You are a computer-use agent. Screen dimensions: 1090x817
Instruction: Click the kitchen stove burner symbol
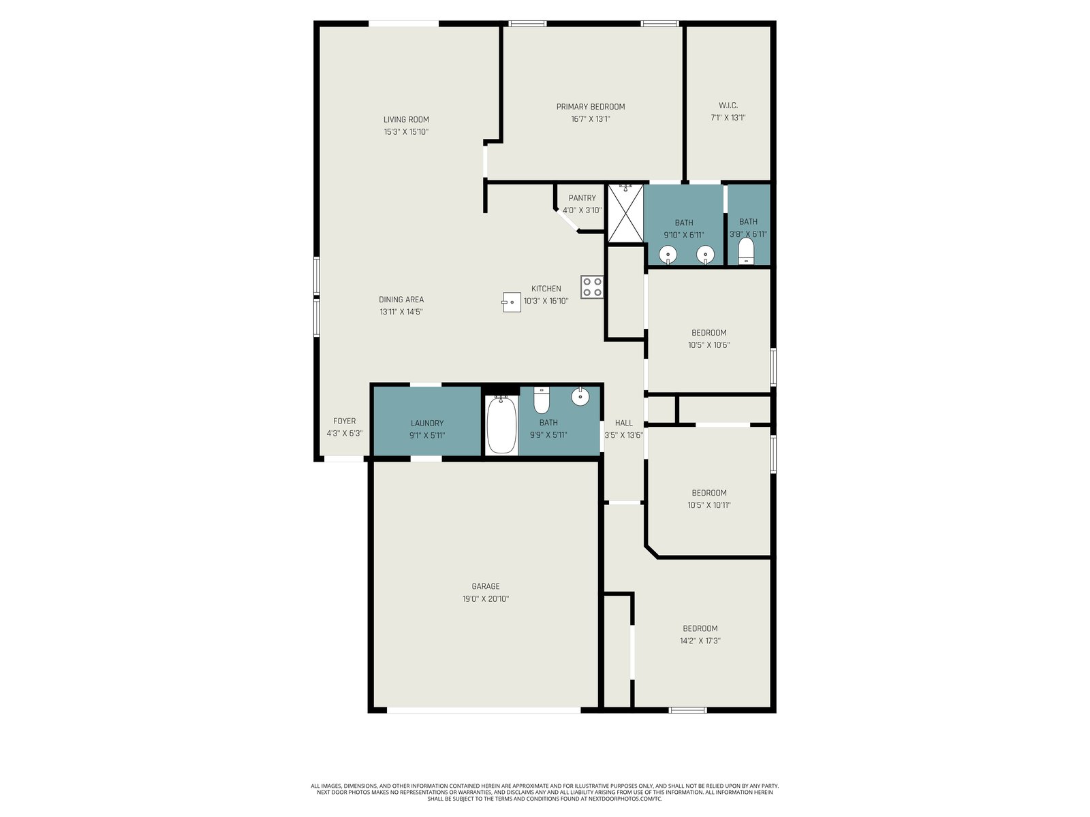[x=592, y=287]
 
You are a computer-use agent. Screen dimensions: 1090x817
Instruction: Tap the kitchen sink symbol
[x=511, y=302]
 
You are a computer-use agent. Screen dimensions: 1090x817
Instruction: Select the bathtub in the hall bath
[x=501, y=425]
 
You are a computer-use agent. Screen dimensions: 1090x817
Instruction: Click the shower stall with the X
[x=625, y=213]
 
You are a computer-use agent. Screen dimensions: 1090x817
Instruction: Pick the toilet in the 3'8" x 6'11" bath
[x=746, y=251]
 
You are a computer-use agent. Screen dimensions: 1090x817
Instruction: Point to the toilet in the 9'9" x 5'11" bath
[x=542, y=400]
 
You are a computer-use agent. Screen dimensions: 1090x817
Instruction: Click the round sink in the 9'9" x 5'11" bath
[x=580, y=396]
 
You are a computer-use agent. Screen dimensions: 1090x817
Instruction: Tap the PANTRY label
[x=582, y=198]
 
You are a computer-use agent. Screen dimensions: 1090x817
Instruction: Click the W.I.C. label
[x=728, y=106]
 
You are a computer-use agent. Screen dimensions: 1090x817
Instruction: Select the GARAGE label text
[x=486, y=586]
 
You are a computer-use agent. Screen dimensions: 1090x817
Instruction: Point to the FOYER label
[x=344, y=421]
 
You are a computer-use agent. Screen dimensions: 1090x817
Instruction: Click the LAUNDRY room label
[x=427, y=423]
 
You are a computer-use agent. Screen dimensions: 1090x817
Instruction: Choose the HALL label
[x=624, y=423]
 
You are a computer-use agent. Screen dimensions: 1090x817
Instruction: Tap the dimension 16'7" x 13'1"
[x=591, y=119]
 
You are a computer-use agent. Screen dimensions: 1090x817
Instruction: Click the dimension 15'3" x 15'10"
[x=406, y=132]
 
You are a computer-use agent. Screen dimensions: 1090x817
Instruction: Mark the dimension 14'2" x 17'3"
[x=700, y=641]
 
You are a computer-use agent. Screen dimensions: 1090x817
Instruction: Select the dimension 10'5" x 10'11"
[x=708, y=505]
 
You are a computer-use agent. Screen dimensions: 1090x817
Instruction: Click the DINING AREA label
[x=401, y=300]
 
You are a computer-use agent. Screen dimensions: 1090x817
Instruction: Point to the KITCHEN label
[x=546, y=289]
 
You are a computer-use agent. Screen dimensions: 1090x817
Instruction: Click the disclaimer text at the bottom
[x=545, y=792]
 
